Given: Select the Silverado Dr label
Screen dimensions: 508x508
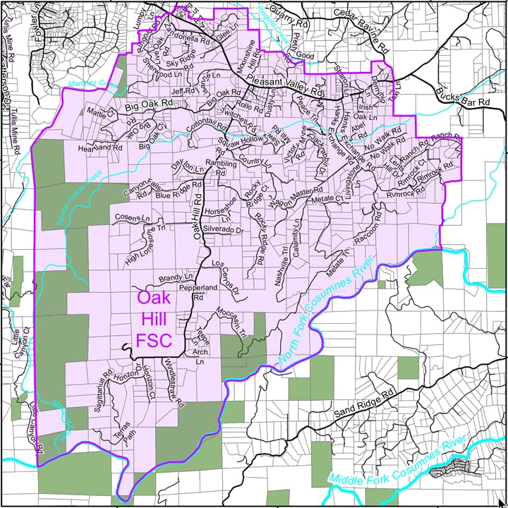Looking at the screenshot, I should pyautogui.click(x=223, y=230).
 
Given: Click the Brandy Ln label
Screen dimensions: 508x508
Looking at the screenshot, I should pyautogui.click(x=176, y=277).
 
